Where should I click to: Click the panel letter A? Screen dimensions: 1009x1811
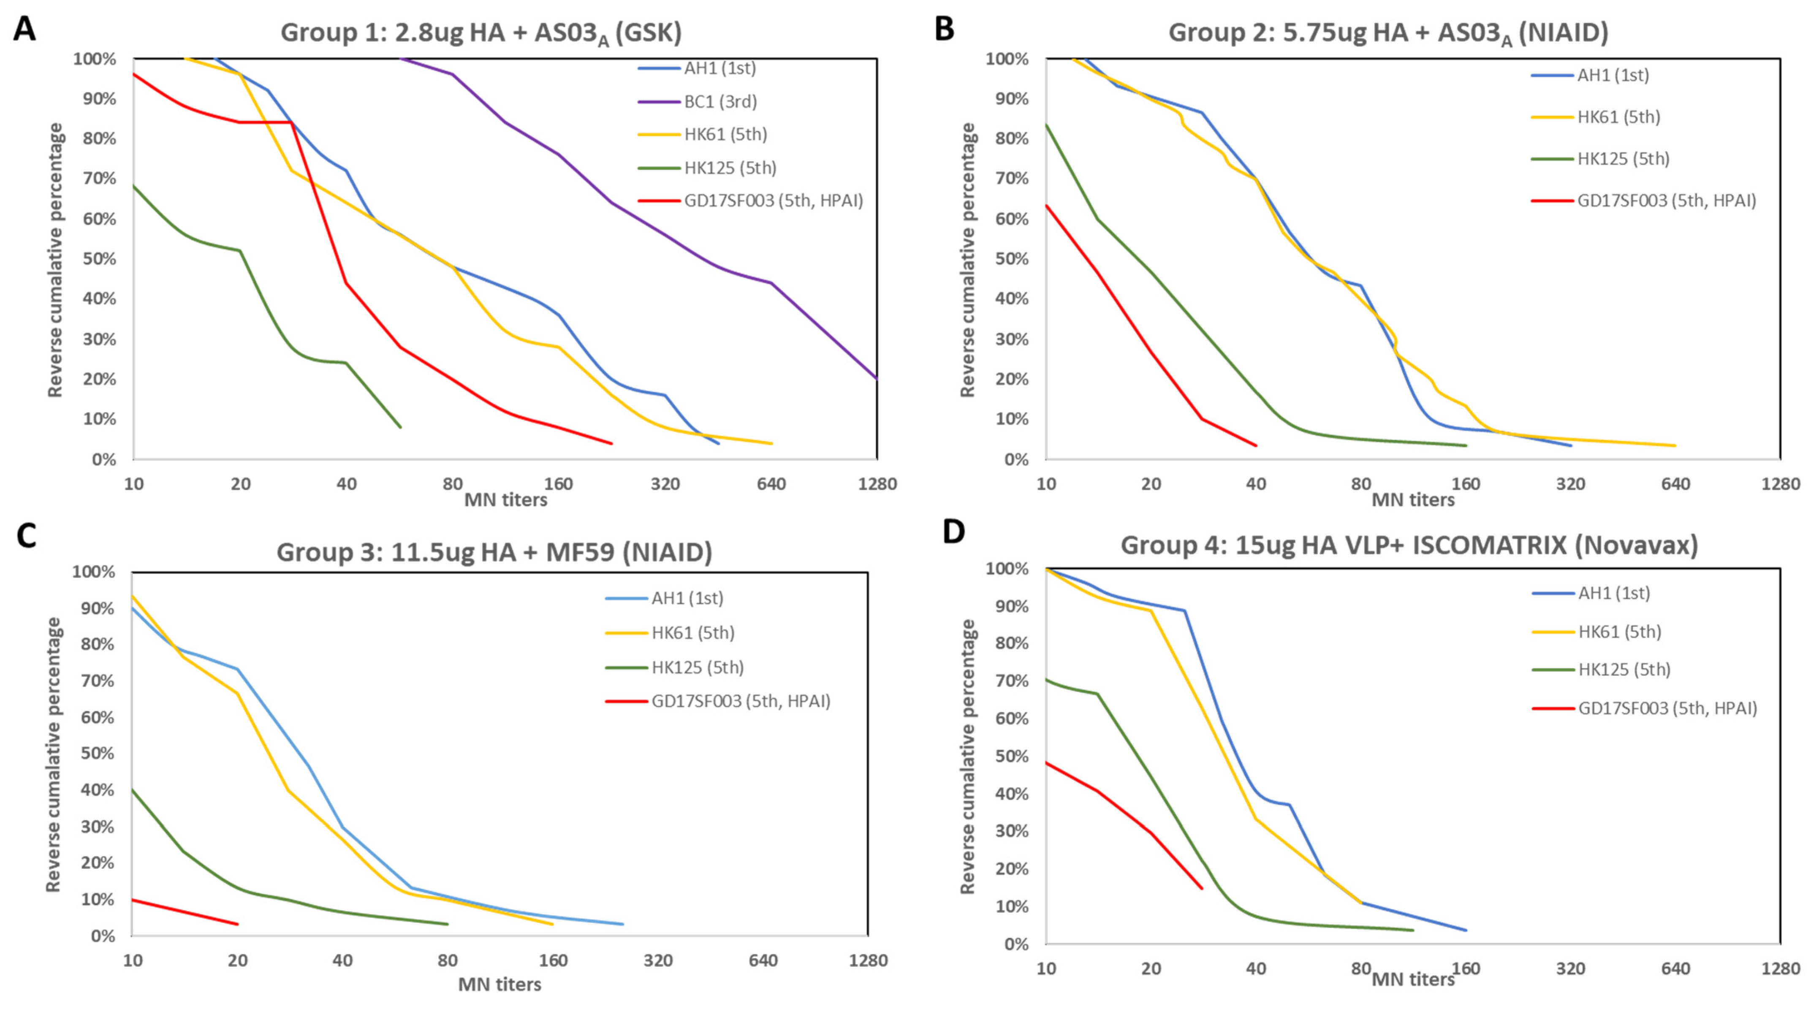tap(24, 30)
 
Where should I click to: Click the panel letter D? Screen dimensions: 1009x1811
tap(953, 532)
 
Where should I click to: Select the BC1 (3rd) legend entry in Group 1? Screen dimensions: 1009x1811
tap(720, 102)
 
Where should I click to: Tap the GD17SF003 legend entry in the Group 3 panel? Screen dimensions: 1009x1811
tap(740, 702)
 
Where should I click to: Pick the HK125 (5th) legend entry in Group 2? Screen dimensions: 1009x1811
tap(1623, 159)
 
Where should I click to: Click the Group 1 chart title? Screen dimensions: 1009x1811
tap(481, 33)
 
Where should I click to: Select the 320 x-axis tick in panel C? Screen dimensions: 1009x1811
tap(658, 960)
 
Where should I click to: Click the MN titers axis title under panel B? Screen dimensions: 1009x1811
tap(1413, 500)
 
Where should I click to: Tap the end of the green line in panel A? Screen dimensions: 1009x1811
tap(400, 427)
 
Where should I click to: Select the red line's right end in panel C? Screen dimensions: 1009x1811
tap(238, 924)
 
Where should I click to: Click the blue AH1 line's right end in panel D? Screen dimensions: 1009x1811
tap(1466, 930)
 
